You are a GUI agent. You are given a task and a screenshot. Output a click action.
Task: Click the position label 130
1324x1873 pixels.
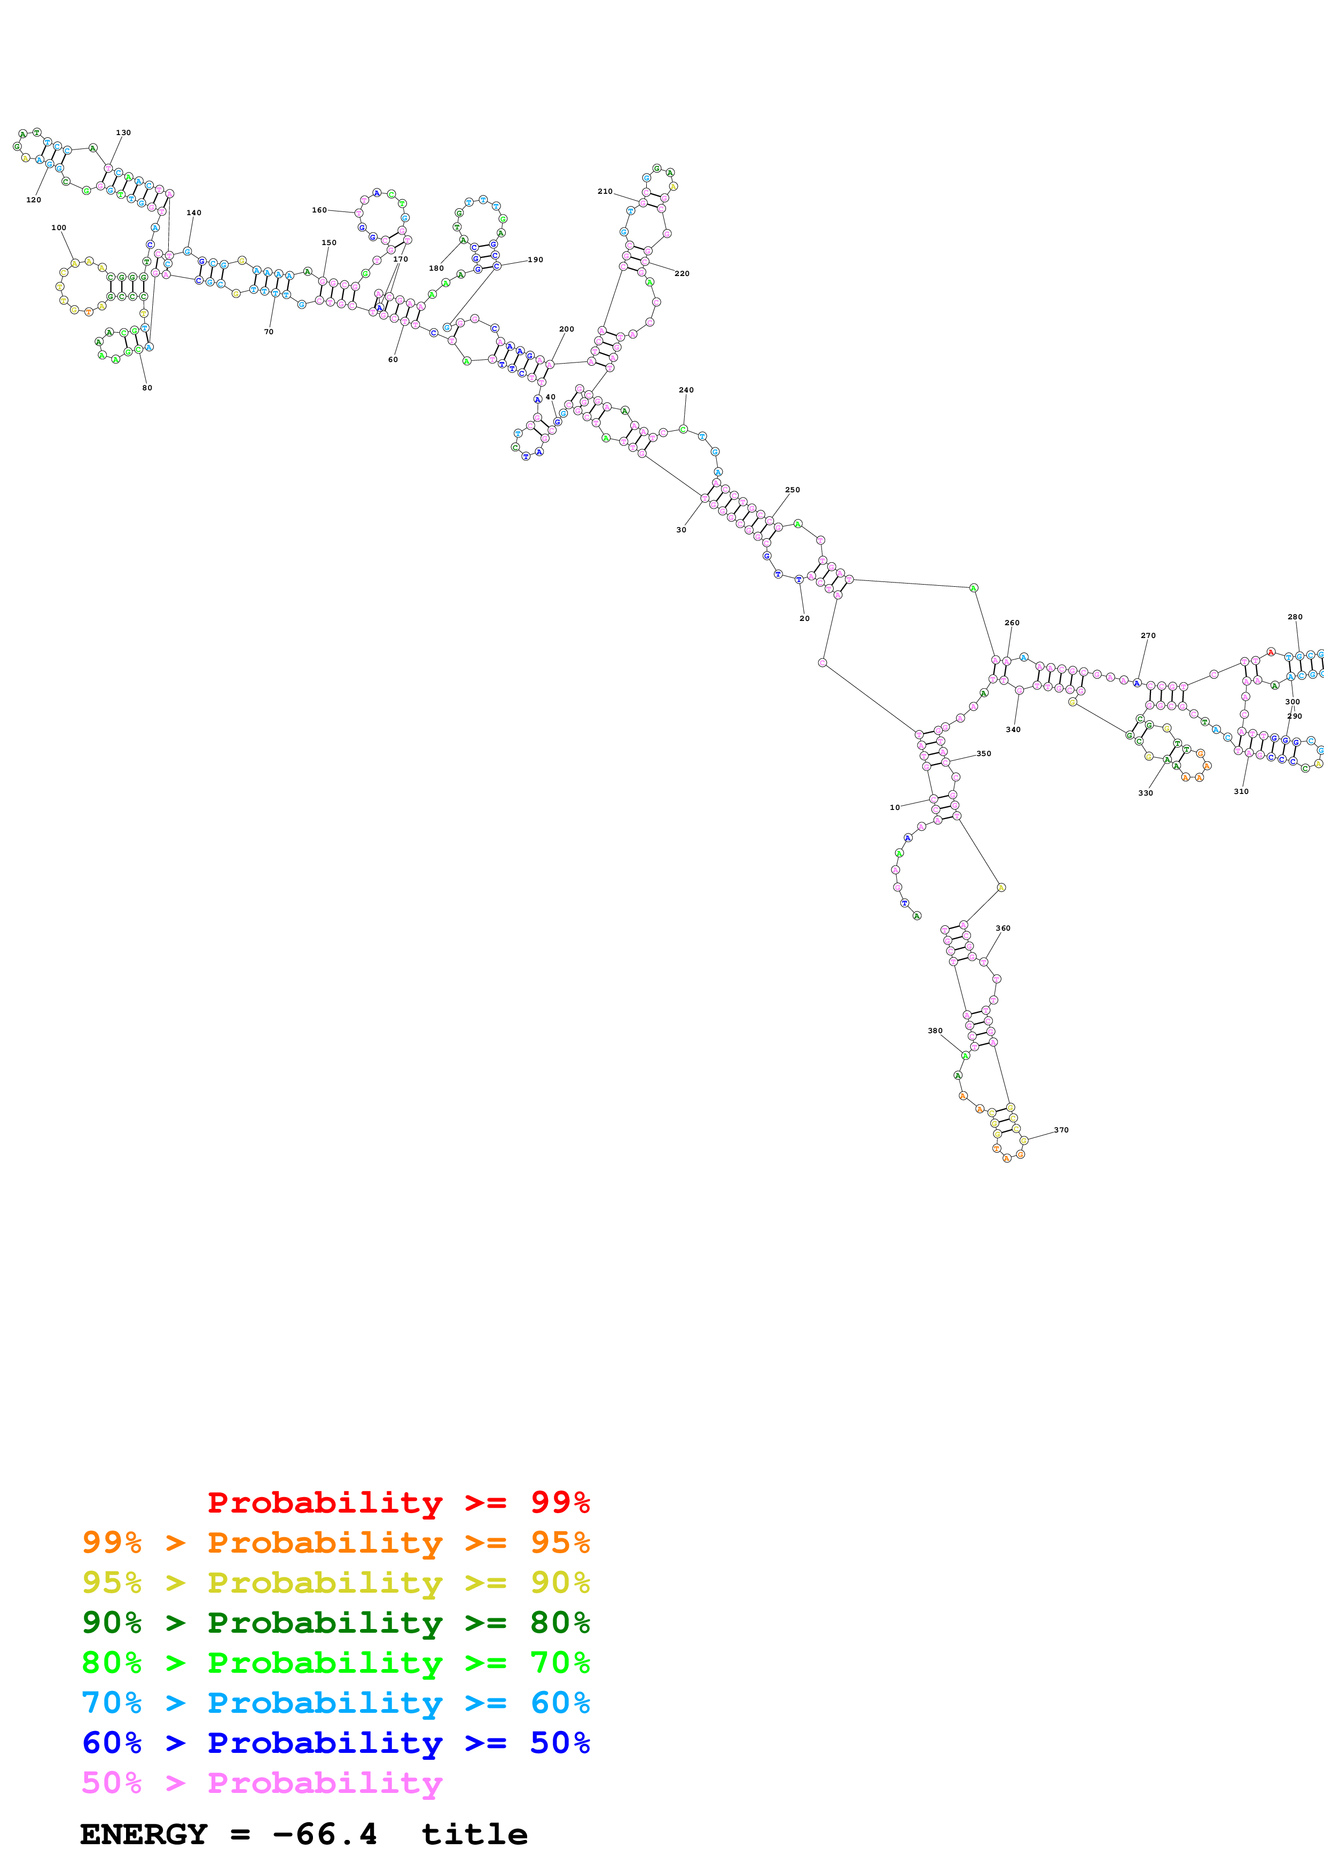(123, 132)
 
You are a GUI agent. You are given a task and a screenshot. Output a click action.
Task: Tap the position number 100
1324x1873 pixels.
(59, 227)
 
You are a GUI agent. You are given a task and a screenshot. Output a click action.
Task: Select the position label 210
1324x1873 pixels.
(605, 192)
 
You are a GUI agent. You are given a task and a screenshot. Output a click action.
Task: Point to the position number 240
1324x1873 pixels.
(686, 390)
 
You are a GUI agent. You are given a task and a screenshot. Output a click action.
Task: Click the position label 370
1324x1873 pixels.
(1061, 1130)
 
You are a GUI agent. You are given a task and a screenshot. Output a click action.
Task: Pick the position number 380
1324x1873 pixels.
(935, 1030)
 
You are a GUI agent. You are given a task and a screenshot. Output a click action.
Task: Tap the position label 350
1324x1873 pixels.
(984, 754)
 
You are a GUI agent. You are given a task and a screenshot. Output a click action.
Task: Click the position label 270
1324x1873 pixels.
(1148, 635)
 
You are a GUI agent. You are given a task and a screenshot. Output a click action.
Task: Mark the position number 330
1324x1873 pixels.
(1145, 793)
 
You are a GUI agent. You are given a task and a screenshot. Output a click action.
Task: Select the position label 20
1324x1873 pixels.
(804, 618)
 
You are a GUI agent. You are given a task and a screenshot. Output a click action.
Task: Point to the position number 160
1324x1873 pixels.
(319, 210)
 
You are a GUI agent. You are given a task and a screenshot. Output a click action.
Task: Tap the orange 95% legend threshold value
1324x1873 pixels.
(560, 1543)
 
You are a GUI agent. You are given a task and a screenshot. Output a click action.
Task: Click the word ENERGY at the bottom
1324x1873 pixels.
(144, 1835)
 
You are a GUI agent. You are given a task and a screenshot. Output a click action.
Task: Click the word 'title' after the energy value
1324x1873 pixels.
(474, 1835)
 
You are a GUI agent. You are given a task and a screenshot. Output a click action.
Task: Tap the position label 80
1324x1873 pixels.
(147, 388)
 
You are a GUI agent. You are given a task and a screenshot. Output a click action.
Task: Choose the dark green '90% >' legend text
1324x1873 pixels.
(134, 1623)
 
